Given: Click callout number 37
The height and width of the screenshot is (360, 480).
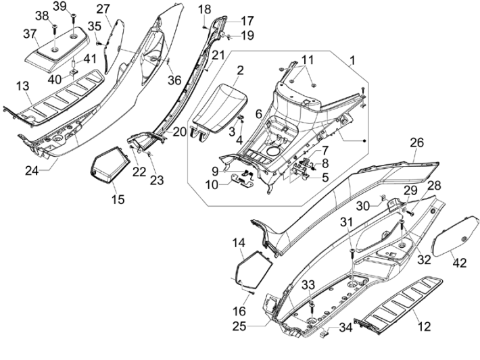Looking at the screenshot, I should [x=30, y=34].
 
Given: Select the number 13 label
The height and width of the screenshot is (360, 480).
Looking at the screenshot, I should [x=22, y=86].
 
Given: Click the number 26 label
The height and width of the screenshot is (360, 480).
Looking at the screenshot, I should [x=417, y=143].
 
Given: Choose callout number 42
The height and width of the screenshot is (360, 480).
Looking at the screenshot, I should [x=460, y=263].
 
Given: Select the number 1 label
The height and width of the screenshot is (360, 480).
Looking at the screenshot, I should [x=352, y=61].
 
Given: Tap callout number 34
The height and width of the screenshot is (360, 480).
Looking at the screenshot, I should [x=345, y=328].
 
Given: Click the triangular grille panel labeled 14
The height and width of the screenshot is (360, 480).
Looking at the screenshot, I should [x=254, y=265].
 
